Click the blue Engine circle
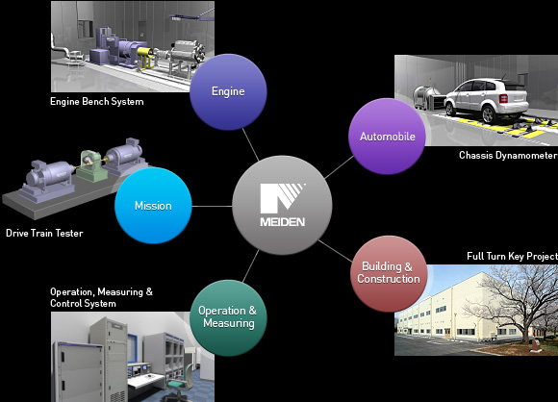[228, 91]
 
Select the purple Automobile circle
[387, 137]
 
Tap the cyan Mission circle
[153, 206]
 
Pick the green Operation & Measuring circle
[228, 317]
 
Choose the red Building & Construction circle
[389, 273]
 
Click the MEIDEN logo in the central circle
[283, 205]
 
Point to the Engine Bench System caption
[97, 102]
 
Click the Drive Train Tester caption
[44, 234]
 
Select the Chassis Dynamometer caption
[507, 156]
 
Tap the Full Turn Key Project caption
[512, 257]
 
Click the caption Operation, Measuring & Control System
[101, 297]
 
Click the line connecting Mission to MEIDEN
[212, 206]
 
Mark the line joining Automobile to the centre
[340, 166]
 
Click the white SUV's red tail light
[503, 98]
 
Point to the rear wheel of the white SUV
[489, 114]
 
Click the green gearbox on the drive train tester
[91, 166]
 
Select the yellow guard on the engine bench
[145, 58]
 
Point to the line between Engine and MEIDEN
[250, 144]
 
